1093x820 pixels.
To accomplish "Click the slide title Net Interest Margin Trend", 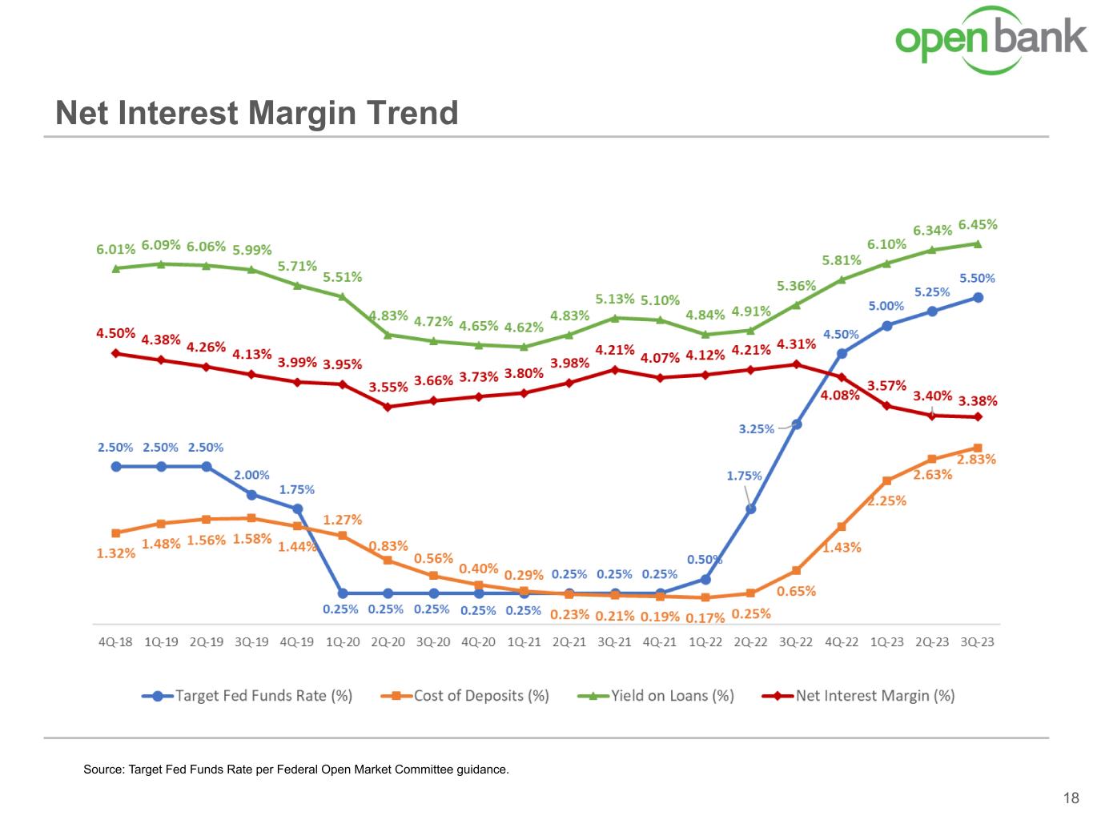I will coord(256,113).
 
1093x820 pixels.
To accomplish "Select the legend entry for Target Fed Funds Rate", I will coord(248,696).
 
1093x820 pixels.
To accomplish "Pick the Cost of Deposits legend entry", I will coord(466,696).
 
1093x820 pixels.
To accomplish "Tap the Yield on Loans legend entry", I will coord(657,696).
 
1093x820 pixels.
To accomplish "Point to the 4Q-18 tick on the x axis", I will coord(115,642).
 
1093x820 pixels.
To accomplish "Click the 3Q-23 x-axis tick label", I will coord(977,642).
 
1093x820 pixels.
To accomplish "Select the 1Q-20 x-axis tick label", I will coord(343,642).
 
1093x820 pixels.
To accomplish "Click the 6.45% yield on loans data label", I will coord(978,225).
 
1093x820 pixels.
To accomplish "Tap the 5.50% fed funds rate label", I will coord(978,279).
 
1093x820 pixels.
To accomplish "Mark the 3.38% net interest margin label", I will coord(978,401).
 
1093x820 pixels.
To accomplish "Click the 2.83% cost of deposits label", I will coord(977,460).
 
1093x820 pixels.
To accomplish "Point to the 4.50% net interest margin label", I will coord(115,333).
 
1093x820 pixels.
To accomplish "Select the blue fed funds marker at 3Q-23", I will coord(978,297).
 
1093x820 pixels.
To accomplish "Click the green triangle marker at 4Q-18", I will coord(116,268).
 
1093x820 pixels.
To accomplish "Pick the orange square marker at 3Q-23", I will coord(978,448).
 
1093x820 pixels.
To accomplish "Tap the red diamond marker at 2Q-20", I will coord(388,407).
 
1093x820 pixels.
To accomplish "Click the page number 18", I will coord(1071,798).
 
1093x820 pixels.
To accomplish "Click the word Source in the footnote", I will coord(102,770).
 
